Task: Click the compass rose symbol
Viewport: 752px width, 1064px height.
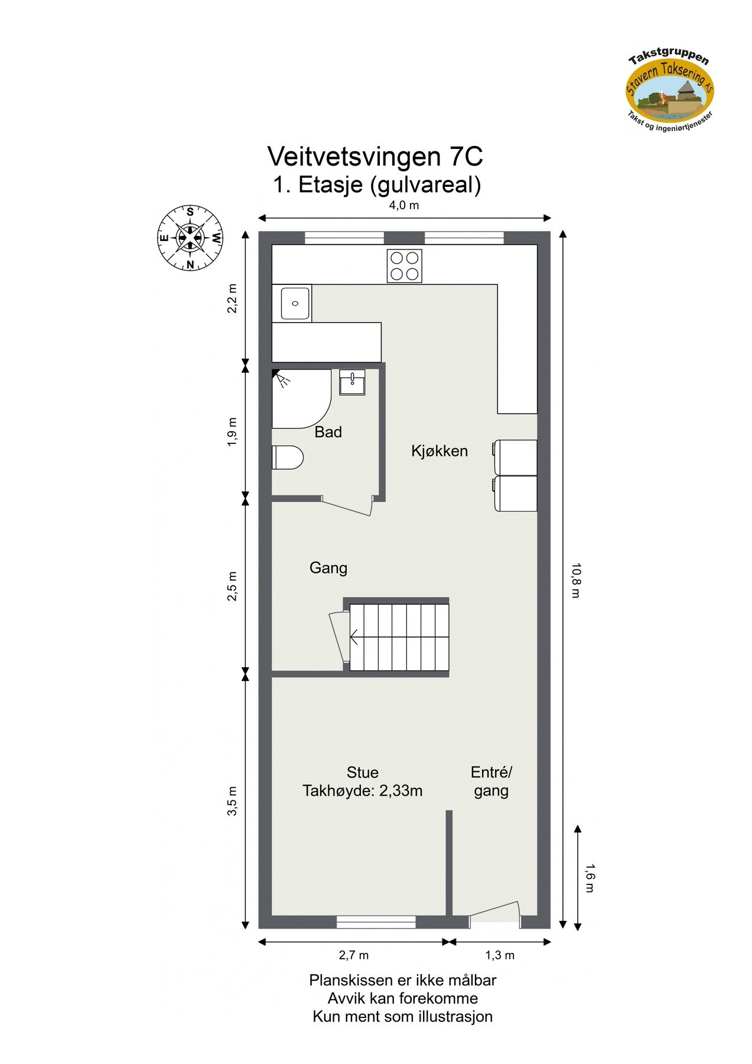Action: pyautogui.click(x=190, y=238)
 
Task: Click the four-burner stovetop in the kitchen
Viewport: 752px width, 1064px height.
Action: pyautogui.click(x=405, y=265)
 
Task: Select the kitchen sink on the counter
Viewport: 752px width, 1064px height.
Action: pyautogui.click(x=295, y=303)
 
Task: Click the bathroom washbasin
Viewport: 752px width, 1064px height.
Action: pyautogui.click(x=353, y=382)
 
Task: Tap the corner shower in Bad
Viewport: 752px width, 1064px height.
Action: pyautogui.click(x=298, y=397)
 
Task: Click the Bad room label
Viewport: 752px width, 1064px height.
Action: pyautogui.click(x=328, y=432)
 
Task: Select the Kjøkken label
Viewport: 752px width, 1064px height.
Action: pyautogui.click(x=440, y=451)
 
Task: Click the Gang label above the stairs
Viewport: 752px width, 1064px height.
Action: pyautogui.click(x=328, y=568)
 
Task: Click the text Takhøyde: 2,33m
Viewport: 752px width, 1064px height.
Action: pyautogui.click(x=362, y=791)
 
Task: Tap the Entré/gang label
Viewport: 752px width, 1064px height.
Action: pyautogui.click(x=491, y=781)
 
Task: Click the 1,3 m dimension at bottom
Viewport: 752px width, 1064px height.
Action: pyautogui.click(x=500, y=955)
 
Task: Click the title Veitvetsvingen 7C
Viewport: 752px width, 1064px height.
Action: pyautogui.click(x=376, y=157)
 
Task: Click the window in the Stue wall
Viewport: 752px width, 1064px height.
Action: pyautogui.click(x=376, y=922)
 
